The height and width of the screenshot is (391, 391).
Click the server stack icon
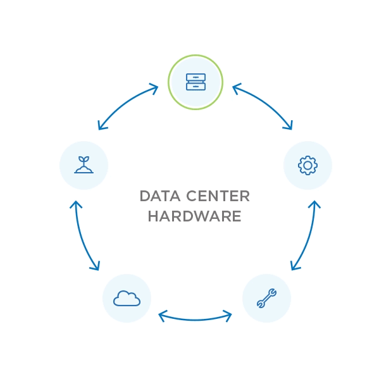pos(195,82)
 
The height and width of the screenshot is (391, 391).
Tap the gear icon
pos(307,165)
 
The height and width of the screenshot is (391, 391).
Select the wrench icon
pos(266,298)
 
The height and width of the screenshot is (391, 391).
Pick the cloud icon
pos(127,298)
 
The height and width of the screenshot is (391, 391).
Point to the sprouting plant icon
pos(84,164)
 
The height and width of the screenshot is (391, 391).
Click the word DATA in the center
pos(160,196)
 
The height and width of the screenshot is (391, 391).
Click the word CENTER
pos(218,196)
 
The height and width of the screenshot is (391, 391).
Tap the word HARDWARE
pos(194,216)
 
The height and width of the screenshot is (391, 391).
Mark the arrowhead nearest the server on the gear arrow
pos(237,89)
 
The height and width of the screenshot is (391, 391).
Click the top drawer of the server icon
pos(195,77)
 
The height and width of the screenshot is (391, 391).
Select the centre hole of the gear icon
pos(307,165)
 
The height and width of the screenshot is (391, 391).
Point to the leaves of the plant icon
pos(84,159)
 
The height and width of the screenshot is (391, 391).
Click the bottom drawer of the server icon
pos(195,86)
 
